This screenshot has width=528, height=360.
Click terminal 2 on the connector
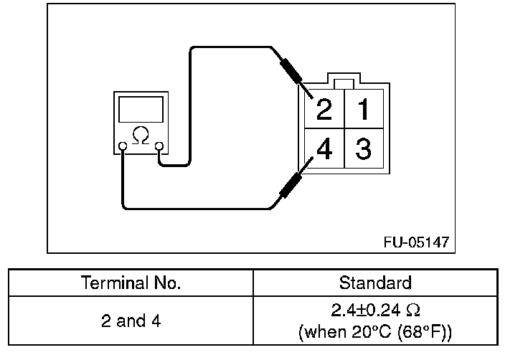(x=324, y=110)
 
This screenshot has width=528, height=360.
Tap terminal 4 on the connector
(x=324, y=151)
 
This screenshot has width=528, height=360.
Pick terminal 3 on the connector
(x=363, y=151)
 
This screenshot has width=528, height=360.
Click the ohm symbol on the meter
(x=141, y=135)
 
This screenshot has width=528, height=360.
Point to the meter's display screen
(x=141, y=110)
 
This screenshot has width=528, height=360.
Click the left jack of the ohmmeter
(x=123, y=147)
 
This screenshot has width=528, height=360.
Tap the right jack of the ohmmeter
(x=159, y=147)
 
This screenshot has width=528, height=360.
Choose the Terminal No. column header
(x=131, y=283)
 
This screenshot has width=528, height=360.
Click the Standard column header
(x=375, y=283)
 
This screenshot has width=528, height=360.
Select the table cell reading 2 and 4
(x=131, y=321)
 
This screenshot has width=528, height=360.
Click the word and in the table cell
(x=131, y=321)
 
